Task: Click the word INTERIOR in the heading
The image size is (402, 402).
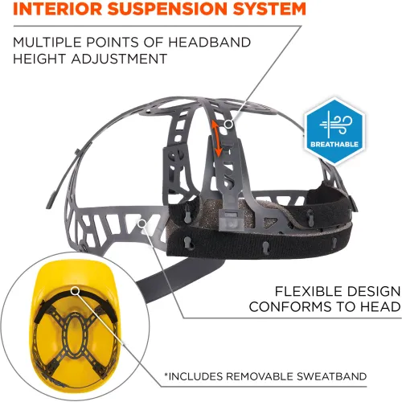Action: click(x=57, y=8)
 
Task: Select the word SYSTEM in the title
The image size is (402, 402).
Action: click(x=269, y=8)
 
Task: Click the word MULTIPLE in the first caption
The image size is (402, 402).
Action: click(x=47, y=43)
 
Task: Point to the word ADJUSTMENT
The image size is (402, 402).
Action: click(x=119, y=59)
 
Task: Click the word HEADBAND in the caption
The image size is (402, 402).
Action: click(x=209, y=43)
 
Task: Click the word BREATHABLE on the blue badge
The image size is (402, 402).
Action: click(x=334, y=144)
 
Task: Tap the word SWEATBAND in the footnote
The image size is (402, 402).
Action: click(x=331, y=376)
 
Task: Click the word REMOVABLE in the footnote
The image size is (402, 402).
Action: click(x=260, y=376)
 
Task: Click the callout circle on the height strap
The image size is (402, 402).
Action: click(x=228, y=124)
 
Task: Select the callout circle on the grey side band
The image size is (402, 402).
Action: click(x=142, y=224)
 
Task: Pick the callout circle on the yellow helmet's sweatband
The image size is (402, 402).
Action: click(x=76, y=291)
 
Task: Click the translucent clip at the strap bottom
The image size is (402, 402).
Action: click(x=228, y=220)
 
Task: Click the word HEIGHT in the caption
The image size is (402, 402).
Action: click(x=39, y=59)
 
